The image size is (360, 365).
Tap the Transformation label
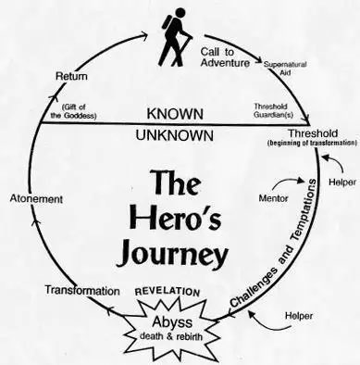coord(81,291)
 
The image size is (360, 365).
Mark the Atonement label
coord(35,199)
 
